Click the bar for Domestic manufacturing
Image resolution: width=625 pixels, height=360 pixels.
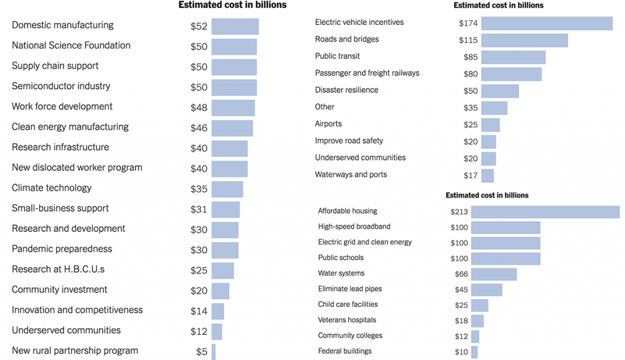click(x=235, y=26)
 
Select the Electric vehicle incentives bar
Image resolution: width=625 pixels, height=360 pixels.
click(x=546, y=23)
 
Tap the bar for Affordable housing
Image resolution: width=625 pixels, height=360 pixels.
click(x=545, y=212)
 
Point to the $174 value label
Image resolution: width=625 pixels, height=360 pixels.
click(x=468, y=23)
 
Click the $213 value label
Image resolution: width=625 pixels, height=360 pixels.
click(x=458, y=212)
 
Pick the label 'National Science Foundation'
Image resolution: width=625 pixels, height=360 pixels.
click(x=71, y=46)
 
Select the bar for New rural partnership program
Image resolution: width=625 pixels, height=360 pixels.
click(x=214, y=351)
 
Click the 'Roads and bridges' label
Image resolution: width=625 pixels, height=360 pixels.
click(x=347, y=39)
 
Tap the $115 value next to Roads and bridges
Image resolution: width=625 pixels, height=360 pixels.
click(x=468, y=40)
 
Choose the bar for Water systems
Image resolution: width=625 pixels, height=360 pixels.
click(x=494, y=274)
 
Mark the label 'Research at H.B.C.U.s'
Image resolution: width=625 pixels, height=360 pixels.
click(x=58, y=269)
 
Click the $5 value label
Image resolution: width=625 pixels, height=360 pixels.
click(x=201, y=351)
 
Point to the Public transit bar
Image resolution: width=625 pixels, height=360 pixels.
click(x=513, y=57)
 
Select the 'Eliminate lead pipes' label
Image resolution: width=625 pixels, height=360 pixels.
click(x=350, y=289)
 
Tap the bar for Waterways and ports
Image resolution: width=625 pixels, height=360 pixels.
click(x=487, y=176)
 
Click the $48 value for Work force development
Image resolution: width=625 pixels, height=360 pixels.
click(x=199, y=107)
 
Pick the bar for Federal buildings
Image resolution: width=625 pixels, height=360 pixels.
click(x=474, y=352)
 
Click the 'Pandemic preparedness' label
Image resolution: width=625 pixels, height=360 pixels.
click(x=62, y=249)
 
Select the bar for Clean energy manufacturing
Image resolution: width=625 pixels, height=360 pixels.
click(x=232, y=128)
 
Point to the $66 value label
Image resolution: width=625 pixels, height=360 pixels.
click(x=461, y=274)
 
